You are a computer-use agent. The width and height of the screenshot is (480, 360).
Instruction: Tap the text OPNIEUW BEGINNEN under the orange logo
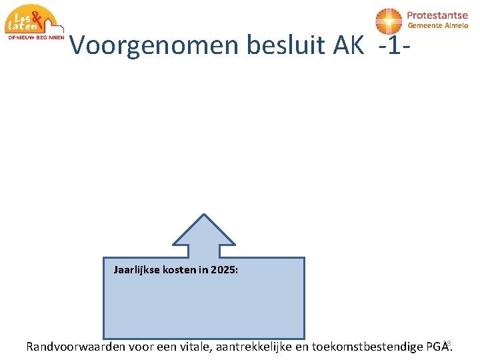coord(36,38)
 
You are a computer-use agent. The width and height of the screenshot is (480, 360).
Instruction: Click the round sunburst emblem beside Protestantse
coord(389,21)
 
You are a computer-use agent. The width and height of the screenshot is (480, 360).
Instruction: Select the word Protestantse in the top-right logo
coord(437,15)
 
